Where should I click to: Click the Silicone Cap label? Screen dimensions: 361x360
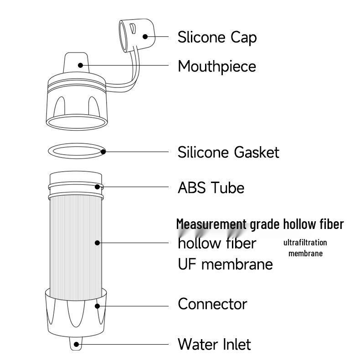[217, 37]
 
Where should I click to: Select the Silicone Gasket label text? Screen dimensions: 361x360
[228, 152]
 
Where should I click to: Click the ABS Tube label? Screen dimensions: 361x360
[211, 188]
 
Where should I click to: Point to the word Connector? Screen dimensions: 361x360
[212, 304]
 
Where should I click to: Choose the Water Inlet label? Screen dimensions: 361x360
[214, 344]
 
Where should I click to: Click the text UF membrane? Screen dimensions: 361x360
[225, 264]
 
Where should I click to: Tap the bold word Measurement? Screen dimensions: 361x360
[211, 224]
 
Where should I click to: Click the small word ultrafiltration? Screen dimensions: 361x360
[305, 243]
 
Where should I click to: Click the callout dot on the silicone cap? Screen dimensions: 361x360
[145, 37]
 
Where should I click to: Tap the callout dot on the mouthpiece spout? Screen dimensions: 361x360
[81, 65]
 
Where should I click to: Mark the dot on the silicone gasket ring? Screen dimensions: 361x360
[103, 152]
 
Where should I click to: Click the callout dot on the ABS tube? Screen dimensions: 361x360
[97, 186]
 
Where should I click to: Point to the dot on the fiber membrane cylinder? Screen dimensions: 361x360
[97, 243]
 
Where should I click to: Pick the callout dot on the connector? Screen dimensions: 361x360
[97, 305]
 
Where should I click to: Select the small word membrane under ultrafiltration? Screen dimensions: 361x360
[305, 254]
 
